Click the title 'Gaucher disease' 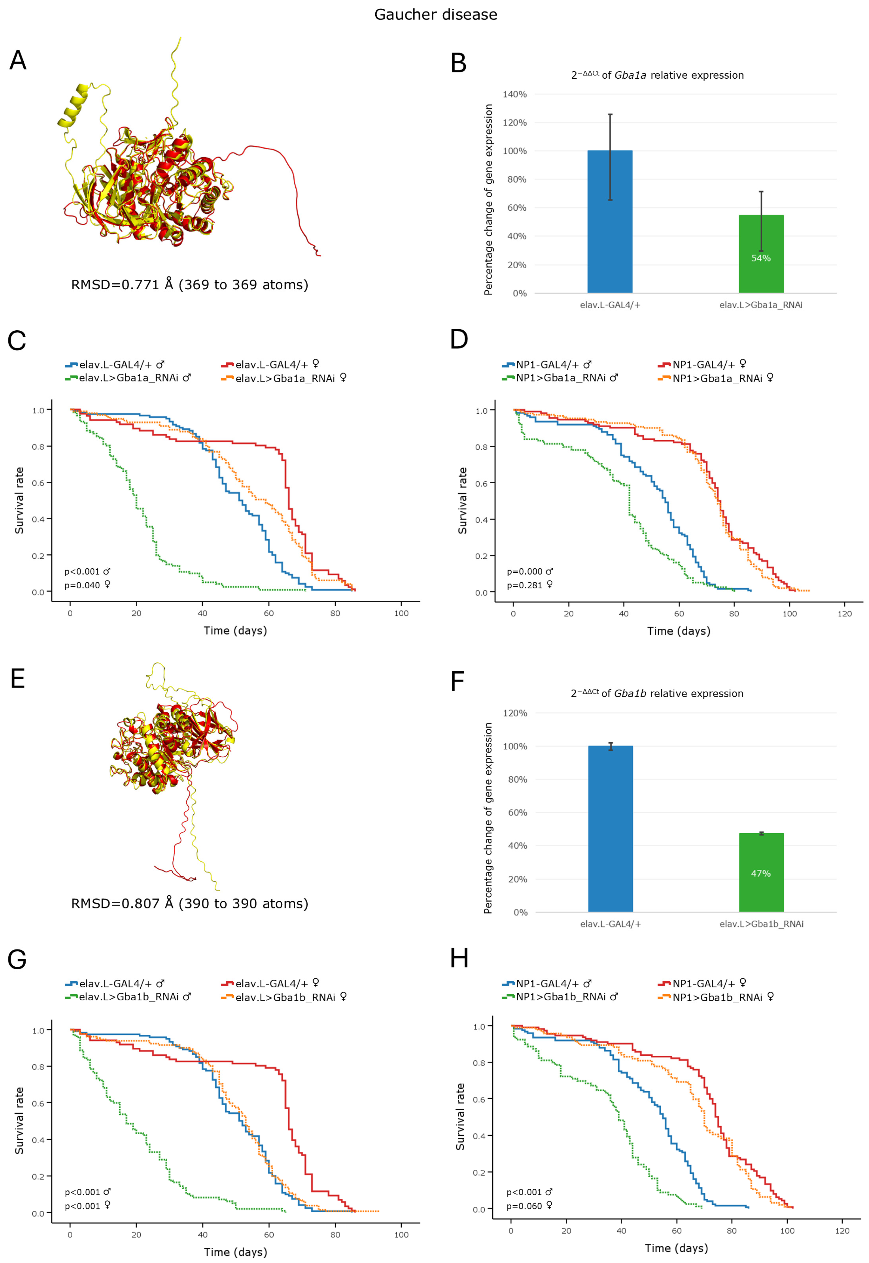436,15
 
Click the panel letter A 18,60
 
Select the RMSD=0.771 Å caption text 190,285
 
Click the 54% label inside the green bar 761,258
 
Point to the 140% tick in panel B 515,94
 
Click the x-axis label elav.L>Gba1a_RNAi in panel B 761,305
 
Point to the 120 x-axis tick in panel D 845,614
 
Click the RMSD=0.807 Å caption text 190,904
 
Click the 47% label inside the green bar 761,874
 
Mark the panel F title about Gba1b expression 657,693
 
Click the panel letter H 459,958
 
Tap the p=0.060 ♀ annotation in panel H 529,1206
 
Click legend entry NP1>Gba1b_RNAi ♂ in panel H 566,997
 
